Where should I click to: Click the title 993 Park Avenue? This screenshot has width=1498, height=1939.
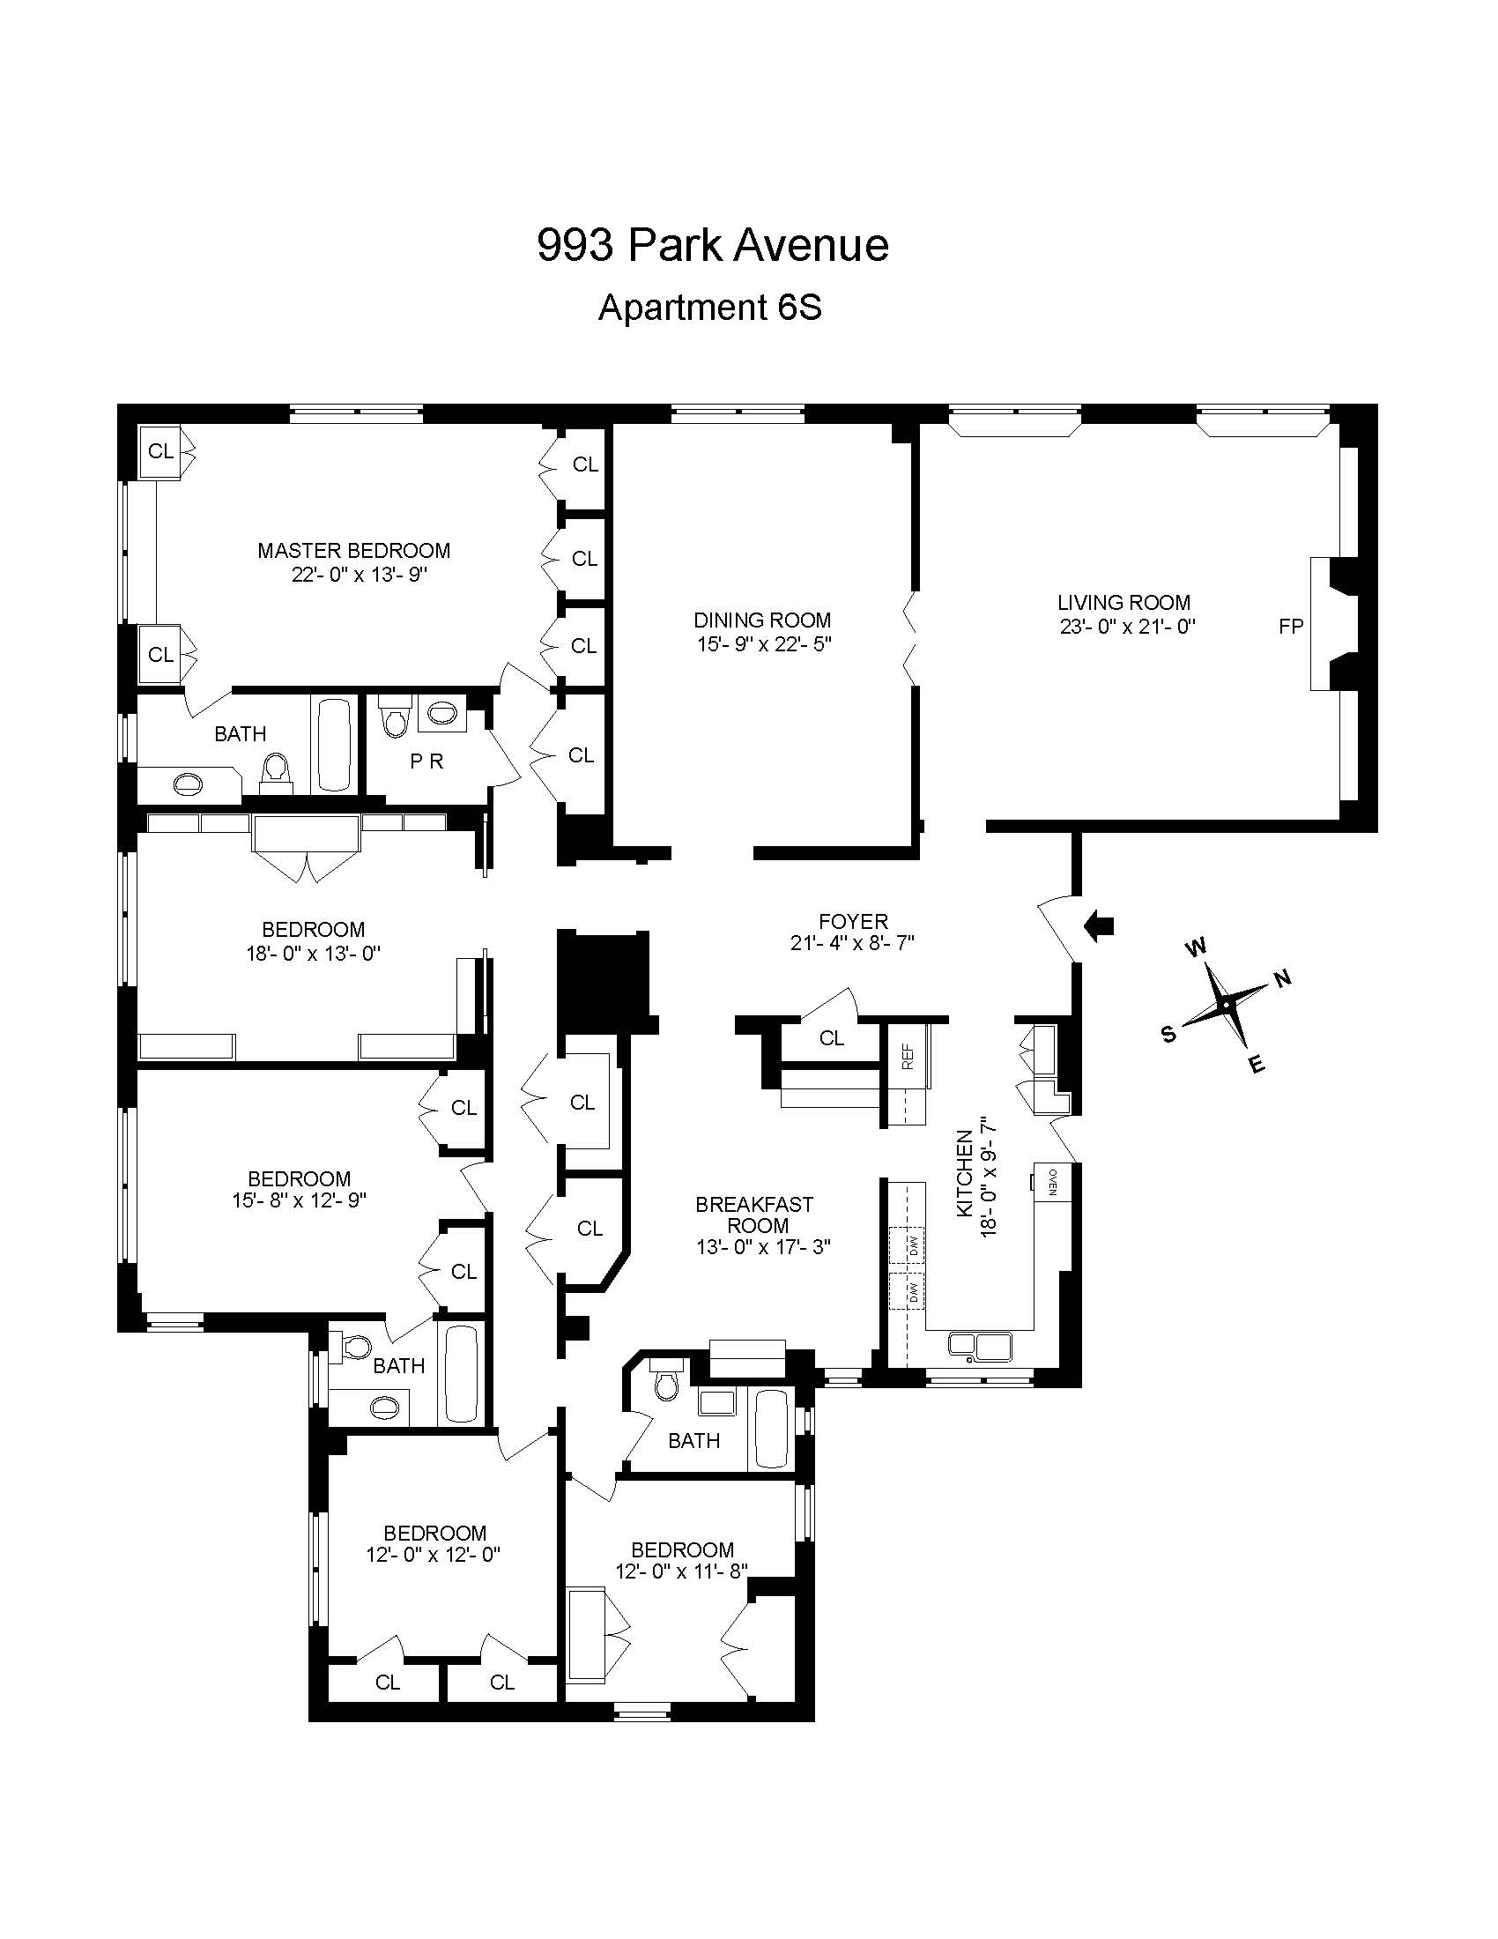click(713, 246)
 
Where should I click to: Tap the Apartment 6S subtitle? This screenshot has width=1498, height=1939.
click(710, 308)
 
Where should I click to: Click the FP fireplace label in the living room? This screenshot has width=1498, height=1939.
click(1290, 626)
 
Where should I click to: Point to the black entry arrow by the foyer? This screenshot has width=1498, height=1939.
click(1100, 926)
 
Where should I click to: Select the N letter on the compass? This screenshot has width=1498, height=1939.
click(1283, 979)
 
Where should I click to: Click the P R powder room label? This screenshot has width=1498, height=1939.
click(426, 761)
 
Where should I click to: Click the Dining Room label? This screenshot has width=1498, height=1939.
click(762, 620)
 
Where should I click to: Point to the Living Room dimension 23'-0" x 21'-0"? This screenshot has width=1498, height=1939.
click(1128, 626)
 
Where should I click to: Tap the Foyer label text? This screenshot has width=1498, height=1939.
click(853, 922)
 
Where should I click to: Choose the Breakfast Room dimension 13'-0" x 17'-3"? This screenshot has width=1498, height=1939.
click(763, 1247)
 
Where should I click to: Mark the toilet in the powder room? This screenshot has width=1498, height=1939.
click(394, 715)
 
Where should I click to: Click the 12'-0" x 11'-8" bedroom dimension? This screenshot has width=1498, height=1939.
click(681, 1571)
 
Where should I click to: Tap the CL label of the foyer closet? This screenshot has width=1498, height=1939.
click(832, 1038)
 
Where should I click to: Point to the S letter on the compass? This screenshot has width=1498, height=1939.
click(1168, 1034)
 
